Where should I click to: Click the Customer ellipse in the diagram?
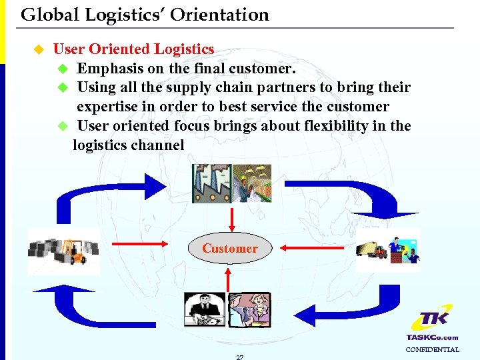click(229, 249)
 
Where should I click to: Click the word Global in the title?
click(46, 15)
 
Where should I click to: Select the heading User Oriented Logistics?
click(133, 49)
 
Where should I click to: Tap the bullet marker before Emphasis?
click(63, 69)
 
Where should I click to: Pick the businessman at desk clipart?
click(205, 309)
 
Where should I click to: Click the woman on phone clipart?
click(249, 309)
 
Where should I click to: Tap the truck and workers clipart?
click(388, 250)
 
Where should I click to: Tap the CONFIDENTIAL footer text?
click(432, 349)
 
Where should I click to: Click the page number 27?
click(239, 357)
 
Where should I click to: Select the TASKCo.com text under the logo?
click(432, 337)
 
